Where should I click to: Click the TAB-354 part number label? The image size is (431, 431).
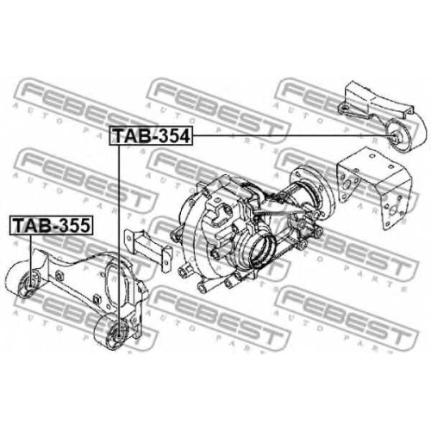[x=151, y=136]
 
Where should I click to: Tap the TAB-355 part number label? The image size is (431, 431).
[x=52, y=225]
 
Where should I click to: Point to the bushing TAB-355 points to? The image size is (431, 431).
[x=30, y=283]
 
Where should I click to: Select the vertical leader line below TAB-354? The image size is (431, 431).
[x=118, y=240]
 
